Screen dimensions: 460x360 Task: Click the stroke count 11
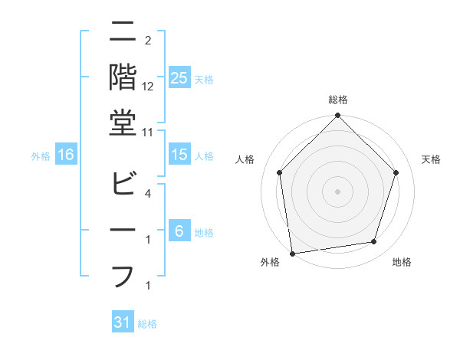(x=148, y=133)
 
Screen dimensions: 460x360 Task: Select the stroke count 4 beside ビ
(x=148, y=195)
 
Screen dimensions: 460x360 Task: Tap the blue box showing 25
(x=179, y=77)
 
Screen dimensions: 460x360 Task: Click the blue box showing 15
(x=179, y=155)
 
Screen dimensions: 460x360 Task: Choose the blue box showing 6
(x=179, y=232)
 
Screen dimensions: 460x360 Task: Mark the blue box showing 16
(x=66, y=155)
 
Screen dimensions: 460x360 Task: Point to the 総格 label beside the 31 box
(x=148, y=324)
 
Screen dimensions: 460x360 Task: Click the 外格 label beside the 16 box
(x=41, y=156)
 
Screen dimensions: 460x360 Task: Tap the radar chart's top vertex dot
(x=337, y=116)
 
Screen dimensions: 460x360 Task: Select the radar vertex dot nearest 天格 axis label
(x=396, y=172)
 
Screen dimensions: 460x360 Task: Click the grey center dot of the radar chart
(x=337, y=191)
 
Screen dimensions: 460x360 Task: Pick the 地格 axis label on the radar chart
(x=402, y=262)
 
